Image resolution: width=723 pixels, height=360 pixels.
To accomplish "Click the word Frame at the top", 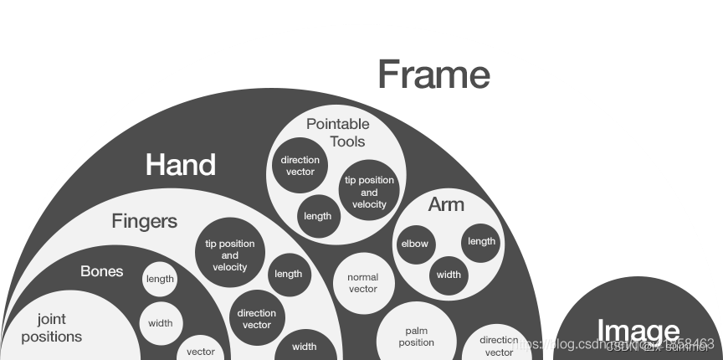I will click(x=433, y=75).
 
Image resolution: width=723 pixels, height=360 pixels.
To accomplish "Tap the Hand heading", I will click(x=181, y=165).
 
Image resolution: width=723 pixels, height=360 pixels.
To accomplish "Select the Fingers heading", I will click(x=145, y=221).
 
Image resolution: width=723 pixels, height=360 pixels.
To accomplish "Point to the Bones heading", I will click(x=102, y=271).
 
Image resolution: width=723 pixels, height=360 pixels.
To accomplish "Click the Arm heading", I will click(x=446, y=204).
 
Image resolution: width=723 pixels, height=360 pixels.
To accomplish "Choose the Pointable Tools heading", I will click(x=338, y=132).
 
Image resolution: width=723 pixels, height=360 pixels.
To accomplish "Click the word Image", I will click(x=638, y=332).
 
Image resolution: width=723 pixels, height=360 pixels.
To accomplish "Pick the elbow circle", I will click(x=414, y=244).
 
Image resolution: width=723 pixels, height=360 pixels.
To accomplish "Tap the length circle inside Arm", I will click(x=481, y=241).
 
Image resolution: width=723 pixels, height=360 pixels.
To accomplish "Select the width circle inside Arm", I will click(x=449, y=274).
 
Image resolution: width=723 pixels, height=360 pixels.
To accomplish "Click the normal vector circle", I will click(x=362, y=283).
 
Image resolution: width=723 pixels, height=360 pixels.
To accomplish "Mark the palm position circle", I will click(x=417, y=337).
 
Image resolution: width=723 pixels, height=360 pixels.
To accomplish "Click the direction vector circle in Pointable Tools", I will click(x=300, y=166).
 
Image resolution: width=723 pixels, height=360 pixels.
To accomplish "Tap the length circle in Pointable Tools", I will click(x=318, y=216).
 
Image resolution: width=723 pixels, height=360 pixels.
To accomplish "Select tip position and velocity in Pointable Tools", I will click(x=369, y=192).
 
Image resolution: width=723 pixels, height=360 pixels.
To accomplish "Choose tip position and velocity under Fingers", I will click(x=230, y=255).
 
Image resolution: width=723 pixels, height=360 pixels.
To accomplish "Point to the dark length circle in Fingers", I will click(x=288, y=274).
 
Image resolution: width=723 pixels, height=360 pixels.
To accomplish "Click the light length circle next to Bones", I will click(x=160, y=279).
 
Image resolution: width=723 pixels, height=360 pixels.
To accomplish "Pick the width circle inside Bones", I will click(x=161, y=323).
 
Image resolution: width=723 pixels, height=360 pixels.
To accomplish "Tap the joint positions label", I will click(x=52, y=328).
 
